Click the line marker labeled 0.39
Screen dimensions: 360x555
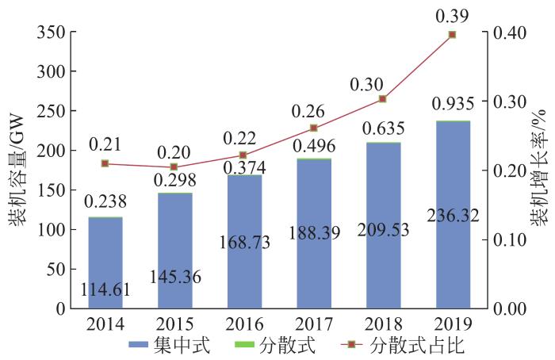tap(453, 35)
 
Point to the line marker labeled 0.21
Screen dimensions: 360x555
tap(105, 163)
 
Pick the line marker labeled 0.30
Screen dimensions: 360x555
tap(383, 98)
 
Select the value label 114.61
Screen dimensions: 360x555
tap(105, 290)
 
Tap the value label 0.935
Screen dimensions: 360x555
tap(453, 104)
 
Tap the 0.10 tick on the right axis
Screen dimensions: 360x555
tap(511, 239)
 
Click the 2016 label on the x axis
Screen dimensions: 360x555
tap(244, 324)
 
